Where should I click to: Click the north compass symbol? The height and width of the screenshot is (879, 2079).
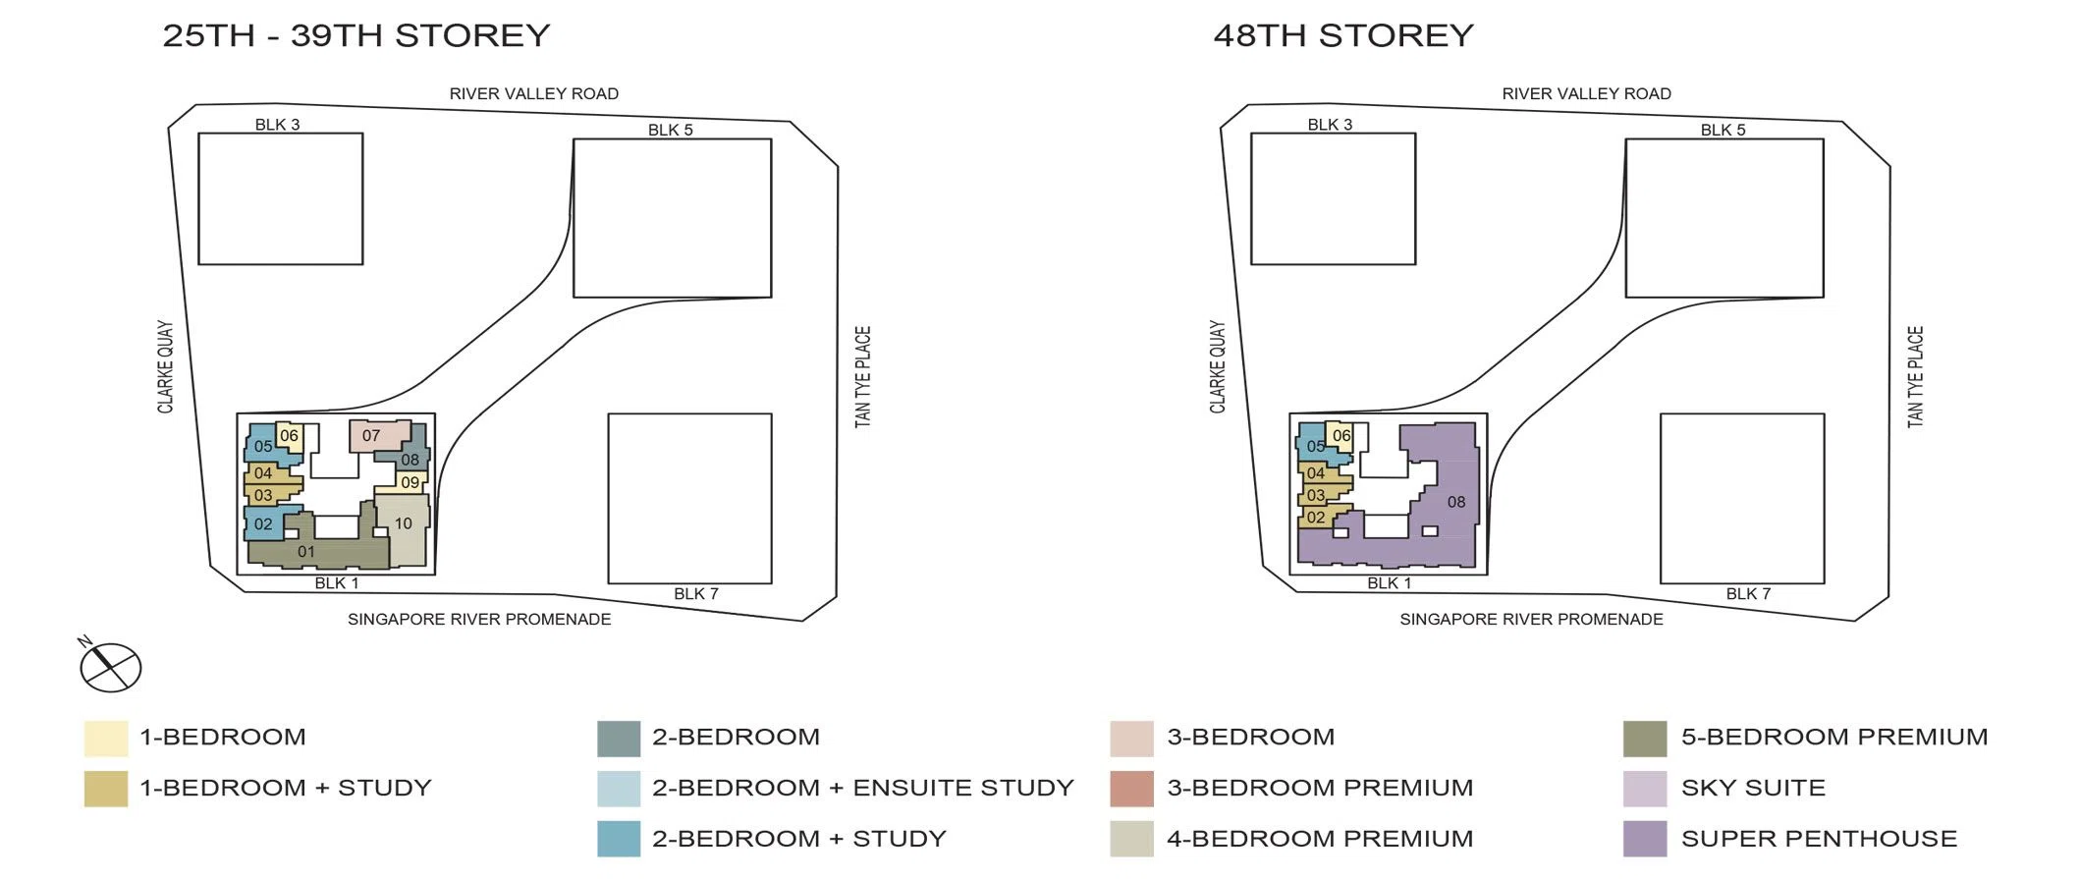[x=110, y=666]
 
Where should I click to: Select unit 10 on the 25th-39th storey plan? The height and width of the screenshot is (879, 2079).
[x=404, y=529]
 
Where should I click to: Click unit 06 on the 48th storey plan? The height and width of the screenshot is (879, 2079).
[x=1340, y=436]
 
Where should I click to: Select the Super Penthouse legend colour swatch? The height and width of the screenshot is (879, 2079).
[x=1645, y=839]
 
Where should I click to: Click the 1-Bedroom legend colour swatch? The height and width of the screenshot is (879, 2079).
[x=106, y=739]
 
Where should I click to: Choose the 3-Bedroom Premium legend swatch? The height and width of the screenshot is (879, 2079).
[x=1131, y=789]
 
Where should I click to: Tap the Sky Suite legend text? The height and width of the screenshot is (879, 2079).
[x=1753, y=788]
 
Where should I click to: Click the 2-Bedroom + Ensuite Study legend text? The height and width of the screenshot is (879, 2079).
[x=863, y=788]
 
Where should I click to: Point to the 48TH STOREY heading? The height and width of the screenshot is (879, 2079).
[x=1343, y=35]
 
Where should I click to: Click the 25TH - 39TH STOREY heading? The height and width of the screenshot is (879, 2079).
[x=356, y=35]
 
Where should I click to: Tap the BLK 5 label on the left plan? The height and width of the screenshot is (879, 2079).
[x=671, y=130]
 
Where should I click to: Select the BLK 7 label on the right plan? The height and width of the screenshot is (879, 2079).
[x=1748, y=593]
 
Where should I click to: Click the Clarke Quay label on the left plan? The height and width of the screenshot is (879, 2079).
[x=165, y=366]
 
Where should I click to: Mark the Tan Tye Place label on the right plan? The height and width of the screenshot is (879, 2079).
[x=1915, y=376]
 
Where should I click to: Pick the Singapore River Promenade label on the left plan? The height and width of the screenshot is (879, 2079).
[x=479, y=619]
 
